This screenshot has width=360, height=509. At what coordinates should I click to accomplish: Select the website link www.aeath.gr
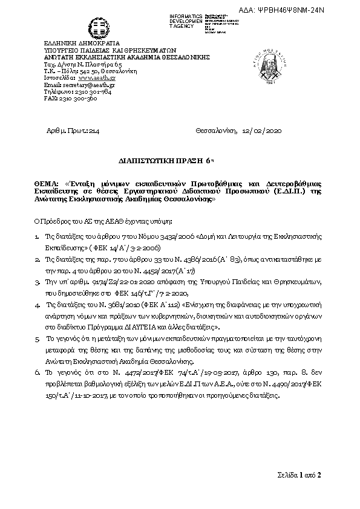click(x=97, y=78)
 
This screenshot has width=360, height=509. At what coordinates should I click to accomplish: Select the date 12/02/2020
click(x=261, y=130)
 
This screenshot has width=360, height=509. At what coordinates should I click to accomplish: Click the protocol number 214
click(x=93, y=130)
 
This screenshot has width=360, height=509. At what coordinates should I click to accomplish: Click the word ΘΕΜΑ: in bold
click(x=44, y=182)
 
